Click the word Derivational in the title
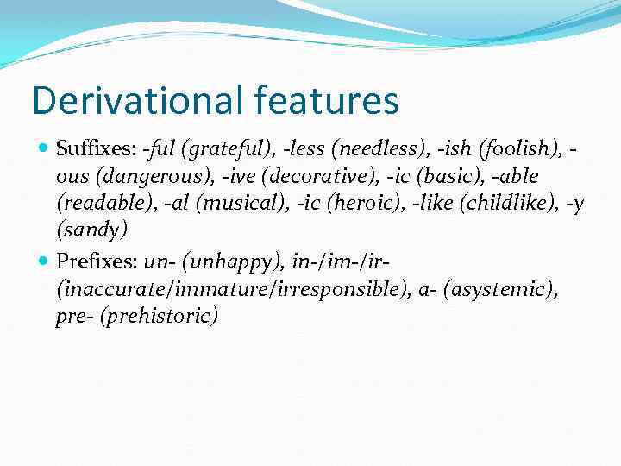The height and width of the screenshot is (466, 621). pos(138,100)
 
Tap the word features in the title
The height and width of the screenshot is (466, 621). pos(327,100)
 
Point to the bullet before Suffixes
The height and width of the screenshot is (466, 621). pos(45,150)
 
